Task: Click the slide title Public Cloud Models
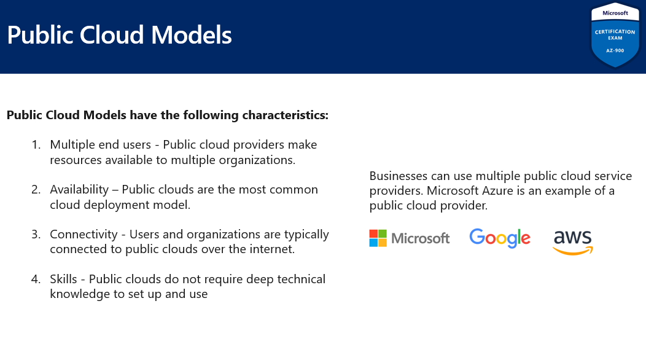120,35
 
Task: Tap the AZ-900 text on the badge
615,51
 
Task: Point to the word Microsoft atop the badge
615,13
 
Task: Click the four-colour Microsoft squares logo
378,238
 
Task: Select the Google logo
500,238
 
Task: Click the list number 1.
36,145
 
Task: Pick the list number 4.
36,279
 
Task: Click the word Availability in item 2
79,190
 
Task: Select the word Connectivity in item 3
84,234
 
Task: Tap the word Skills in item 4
63,279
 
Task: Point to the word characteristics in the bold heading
285,115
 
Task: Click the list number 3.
36,234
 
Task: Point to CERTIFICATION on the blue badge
615,32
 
